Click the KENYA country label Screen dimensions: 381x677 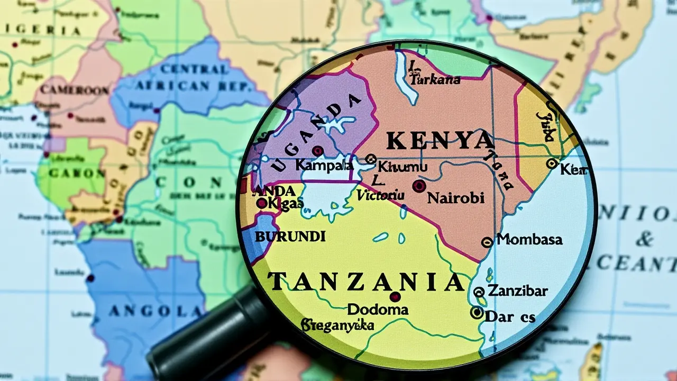(x=440, y=141)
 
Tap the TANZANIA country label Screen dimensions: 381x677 (x=367, y=283)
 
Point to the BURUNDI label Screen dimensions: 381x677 (x=290, y=237)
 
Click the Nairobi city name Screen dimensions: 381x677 (x=455, y=198)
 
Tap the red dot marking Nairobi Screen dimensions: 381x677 (x=419, y=185)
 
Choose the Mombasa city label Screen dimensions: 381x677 (x=529, y=239)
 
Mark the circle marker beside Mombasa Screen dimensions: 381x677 (x=487, y=242)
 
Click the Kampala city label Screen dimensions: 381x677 (x=324, y=165)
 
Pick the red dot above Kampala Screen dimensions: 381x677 (x=317, y=151)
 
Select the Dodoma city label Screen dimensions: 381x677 (x=378, y=310)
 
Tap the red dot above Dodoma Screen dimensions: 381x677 (x=395, y=296)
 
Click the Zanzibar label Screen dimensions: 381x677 (x=517, y=291)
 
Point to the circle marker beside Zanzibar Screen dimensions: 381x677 (x=479, y=292)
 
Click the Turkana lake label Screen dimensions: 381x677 (x=435, y=79)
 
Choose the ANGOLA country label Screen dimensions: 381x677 (x=146, y=311)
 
